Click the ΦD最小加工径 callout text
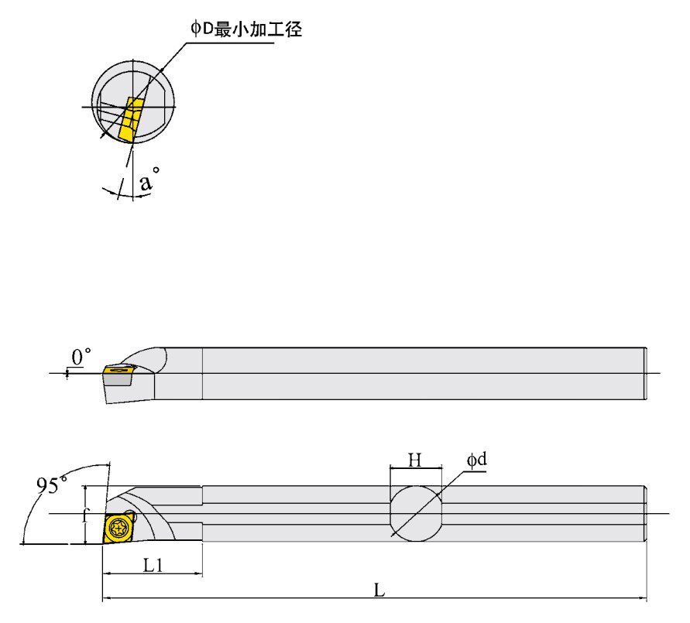pos(245,30)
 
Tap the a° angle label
pos(149,182)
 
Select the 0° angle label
pos(81,357)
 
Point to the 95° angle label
pos(52,485)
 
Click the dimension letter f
pos(87,514)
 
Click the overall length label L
pos(379,590)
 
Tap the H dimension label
pos(415,460)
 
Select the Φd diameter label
pos(476,460)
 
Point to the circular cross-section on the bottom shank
pos(416,513)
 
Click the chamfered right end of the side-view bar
pos(646,374)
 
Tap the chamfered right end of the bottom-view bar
pos(646,514)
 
